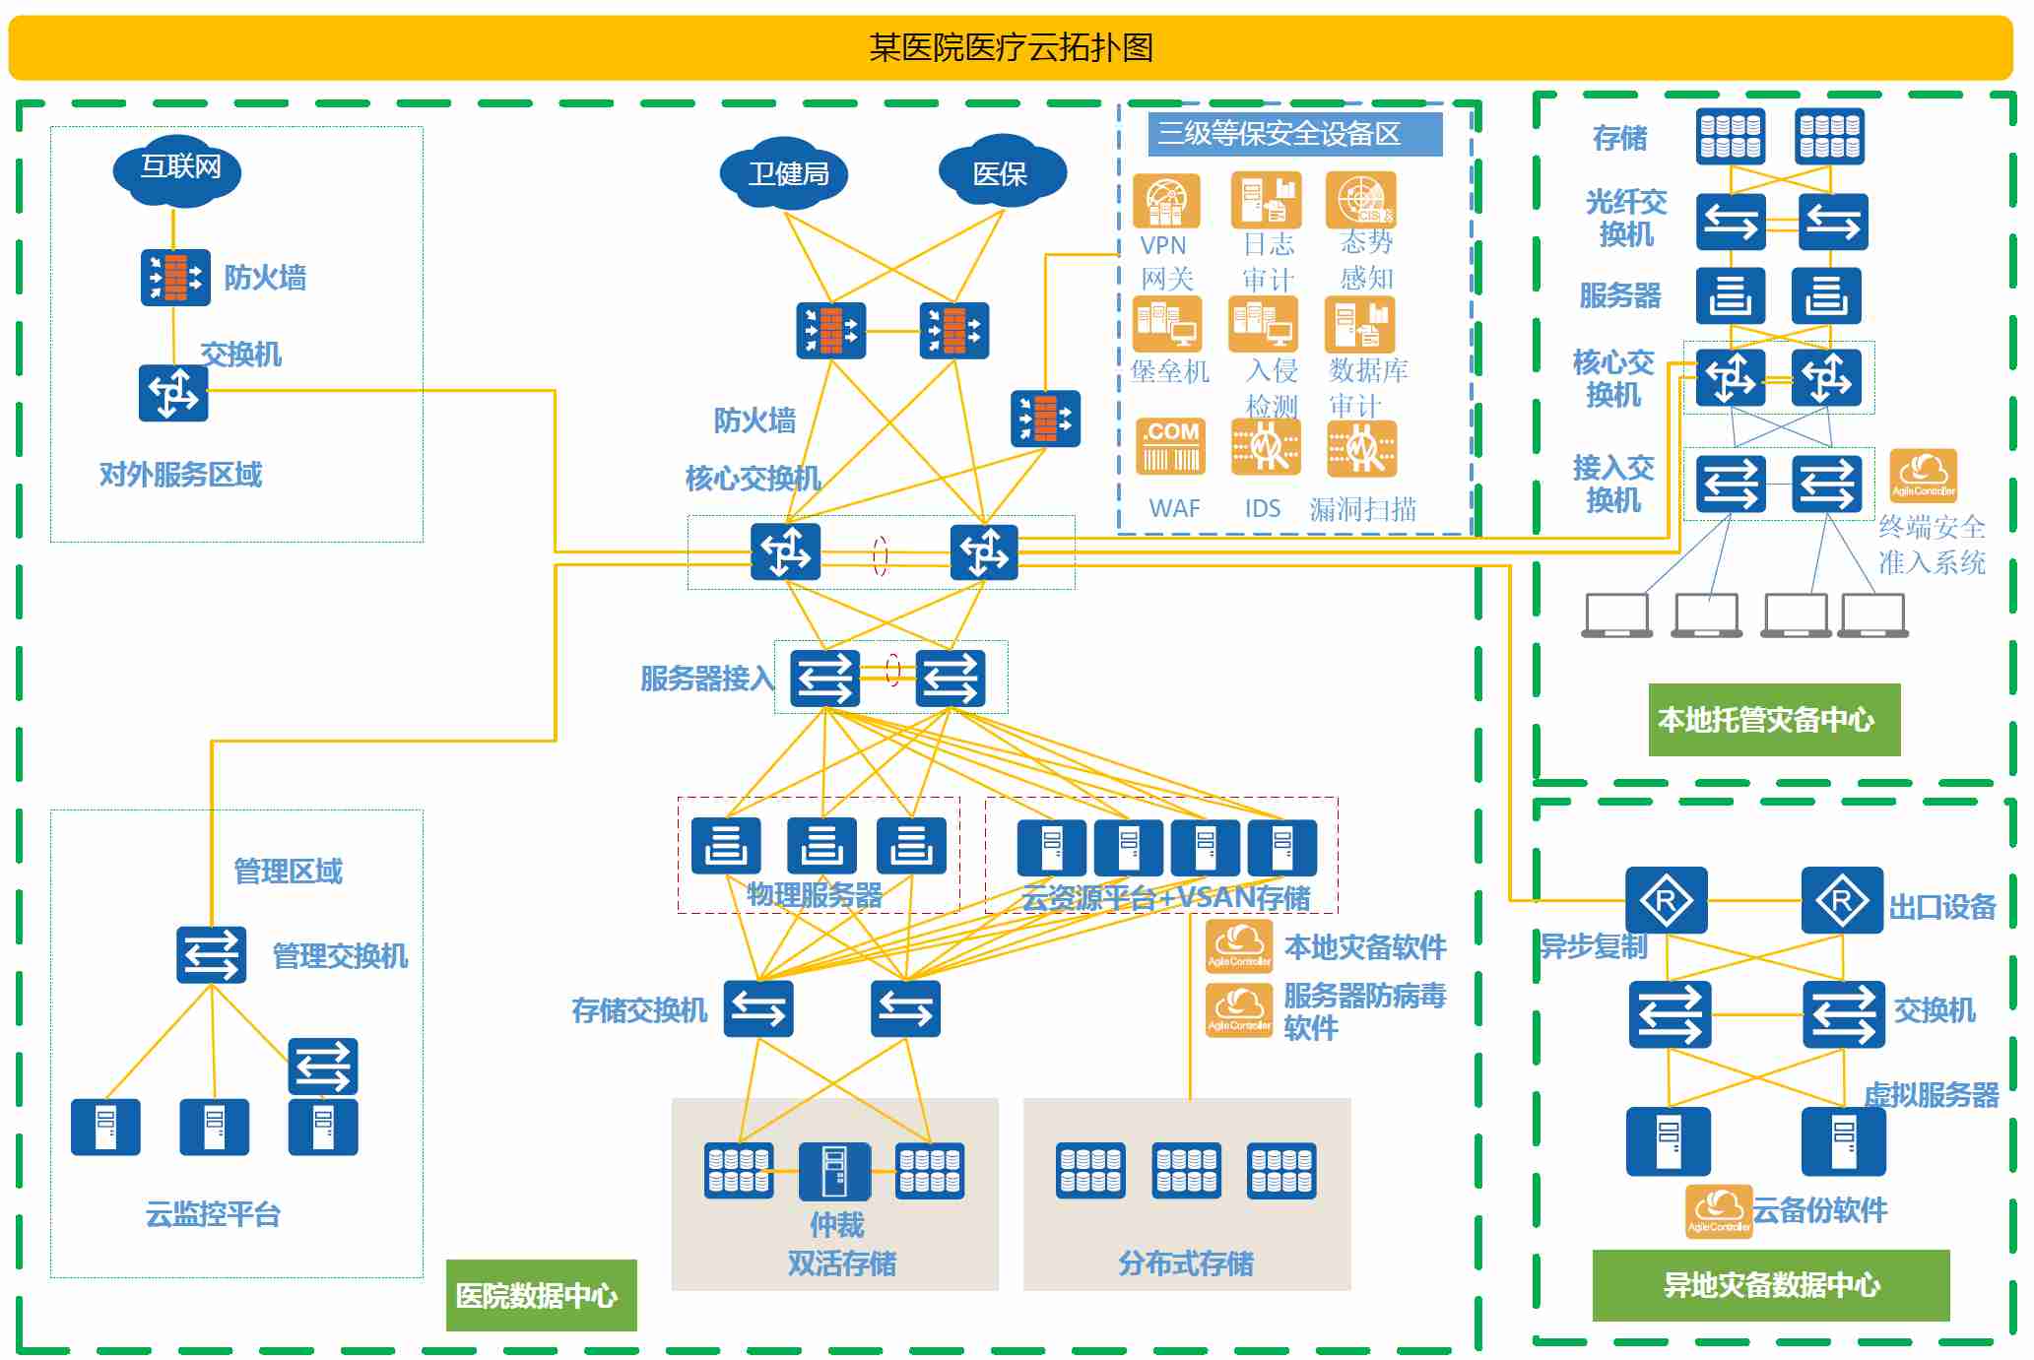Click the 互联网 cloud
click(177, 169)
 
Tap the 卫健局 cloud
click(784, 174)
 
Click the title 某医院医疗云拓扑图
click(1011, 47)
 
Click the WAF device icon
click(1171, 448)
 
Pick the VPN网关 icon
click(1166, 201)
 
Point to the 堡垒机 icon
click(1167, 324)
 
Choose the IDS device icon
click(1266, 448)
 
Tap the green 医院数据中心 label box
click(541, 1294)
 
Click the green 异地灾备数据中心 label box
click(1770, 1284)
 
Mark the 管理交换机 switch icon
click(211, 955)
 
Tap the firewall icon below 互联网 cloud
click(175, 278)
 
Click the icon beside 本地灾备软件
click(1239, 945)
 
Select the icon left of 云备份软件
click(1718, 1210)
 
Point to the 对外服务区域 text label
click(180, 475)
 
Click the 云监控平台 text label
click(213, 1214)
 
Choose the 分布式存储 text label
click(1185, 1263)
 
